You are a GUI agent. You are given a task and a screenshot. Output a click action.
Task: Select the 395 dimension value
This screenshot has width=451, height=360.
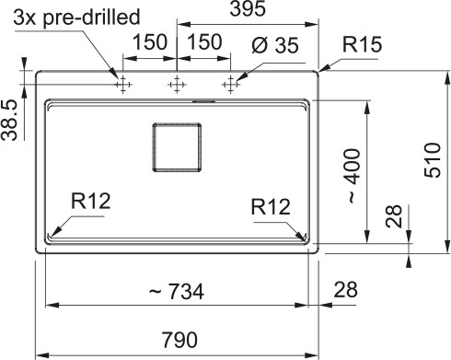pyautogui.click(x=248, y=10)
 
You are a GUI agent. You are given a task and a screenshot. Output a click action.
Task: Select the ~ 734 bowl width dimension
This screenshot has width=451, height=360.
pyautogui.click(x=175, y=292)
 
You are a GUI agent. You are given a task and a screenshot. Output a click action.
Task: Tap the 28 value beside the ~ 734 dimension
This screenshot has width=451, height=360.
pyautogui.click(x=345, y=290)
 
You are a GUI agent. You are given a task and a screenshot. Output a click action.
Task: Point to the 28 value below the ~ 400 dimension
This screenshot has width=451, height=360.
pyautogui.click(x=393, y=217)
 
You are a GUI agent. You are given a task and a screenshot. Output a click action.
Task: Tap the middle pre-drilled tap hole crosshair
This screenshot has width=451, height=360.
pyautogui.click(x=175, y=85)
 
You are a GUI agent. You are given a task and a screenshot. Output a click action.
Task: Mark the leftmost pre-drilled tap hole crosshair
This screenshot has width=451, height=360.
pyautogui.click(x=121, y=85)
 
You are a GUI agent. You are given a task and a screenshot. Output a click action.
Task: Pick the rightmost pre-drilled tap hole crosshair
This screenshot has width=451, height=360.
pyautogui.click(x=228, y=85)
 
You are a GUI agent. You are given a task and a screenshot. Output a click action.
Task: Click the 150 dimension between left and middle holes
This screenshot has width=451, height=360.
pyautogui.click(x=148, y=42)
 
